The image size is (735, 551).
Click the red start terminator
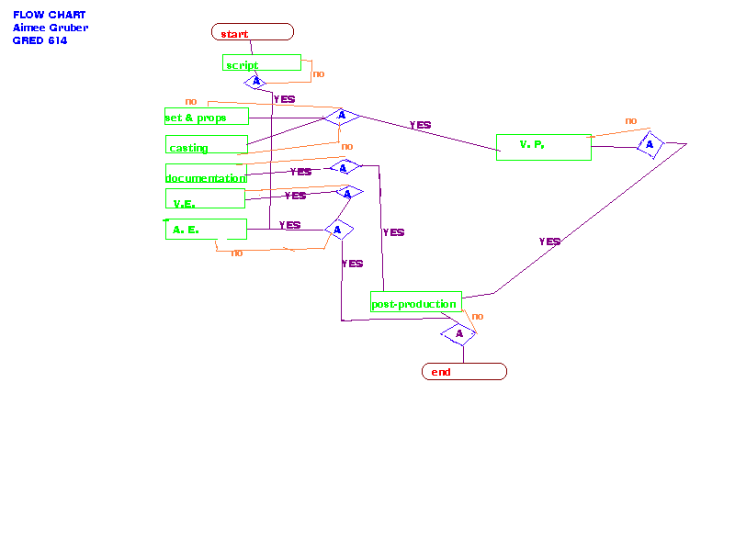[x=253, y=33]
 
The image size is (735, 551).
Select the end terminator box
[x=464, y=372]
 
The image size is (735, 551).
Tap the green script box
[x=262, y=63]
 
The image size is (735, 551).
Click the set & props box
[x=208, y=117]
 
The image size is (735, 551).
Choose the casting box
[x=207, y=145]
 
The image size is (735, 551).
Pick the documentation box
[x=206, y=174]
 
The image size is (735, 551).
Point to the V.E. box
[x=205, y=199]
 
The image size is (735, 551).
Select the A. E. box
[x=206, y=229]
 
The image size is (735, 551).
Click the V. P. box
[x=543, y=147]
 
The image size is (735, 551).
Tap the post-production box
[x=416, y=302]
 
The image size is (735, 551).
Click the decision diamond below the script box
[x=256, y=82]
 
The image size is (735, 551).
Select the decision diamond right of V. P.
[x=650, y=144]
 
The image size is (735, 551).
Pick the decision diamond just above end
[x=458, y=334]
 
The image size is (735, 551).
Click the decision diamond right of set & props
[x=342, y=116]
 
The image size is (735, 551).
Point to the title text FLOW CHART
[x=50, y=15]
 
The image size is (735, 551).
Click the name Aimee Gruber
[x=51, y=28]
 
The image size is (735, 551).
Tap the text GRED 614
[x=40, y=40]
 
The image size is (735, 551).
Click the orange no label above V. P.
[x=631, y=120]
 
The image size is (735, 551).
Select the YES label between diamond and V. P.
[x=420, y=125]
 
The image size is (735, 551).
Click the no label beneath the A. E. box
[x=237, y=253]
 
